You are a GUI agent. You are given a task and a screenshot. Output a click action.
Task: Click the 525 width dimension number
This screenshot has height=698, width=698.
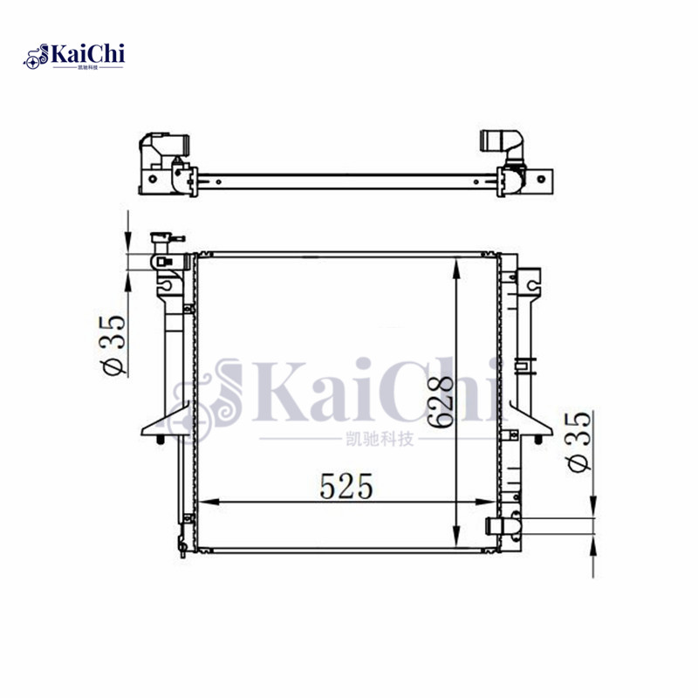[x=347, y=487]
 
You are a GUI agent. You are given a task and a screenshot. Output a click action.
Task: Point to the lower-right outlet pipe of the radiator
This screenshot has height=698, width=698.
[x=499, y=526]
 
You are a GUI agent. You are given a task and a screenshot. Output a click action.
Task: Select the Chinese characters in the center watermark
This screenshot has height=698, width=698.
[x=378, y=440]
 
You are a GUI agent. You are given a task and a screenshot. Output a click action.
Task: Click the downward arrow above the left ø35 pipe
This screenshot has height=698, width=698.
[x=128, y=240]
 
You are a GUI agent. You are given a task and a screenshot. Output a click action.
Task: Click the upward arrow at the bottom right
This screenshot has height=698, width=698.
[x=593, y=547]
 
